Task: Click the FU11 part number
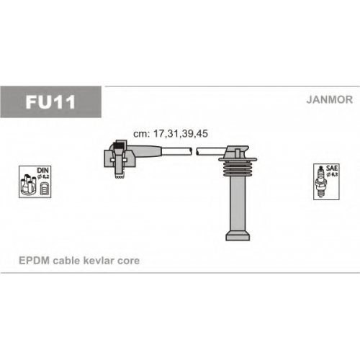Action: pos(50,102)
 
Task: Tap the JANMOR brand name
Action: pos(330,99)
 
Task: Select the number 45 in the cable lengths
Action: pos(202,134)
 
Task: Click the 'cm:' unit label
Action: pos(142,134)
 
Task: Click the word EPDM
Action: pos(35,261)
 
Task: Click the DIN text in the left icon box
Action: pos(42,170)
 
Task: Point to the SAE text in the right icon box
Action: pos(332,168)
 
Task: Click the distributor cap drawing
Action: pos(28,185)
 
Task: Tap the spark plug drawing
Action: pos(320,181)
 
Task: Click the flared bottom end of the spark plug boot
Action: pos(238,235)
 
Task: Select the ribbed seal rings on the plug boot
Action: pos(238,169)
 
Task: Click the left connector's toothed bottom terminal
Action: pos(120,176)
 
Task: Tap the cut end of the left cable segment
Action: pos(191,151)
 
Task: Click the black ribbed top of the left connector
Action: pos(118,147)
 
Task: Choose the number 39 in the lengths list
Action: pos(187,134)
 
